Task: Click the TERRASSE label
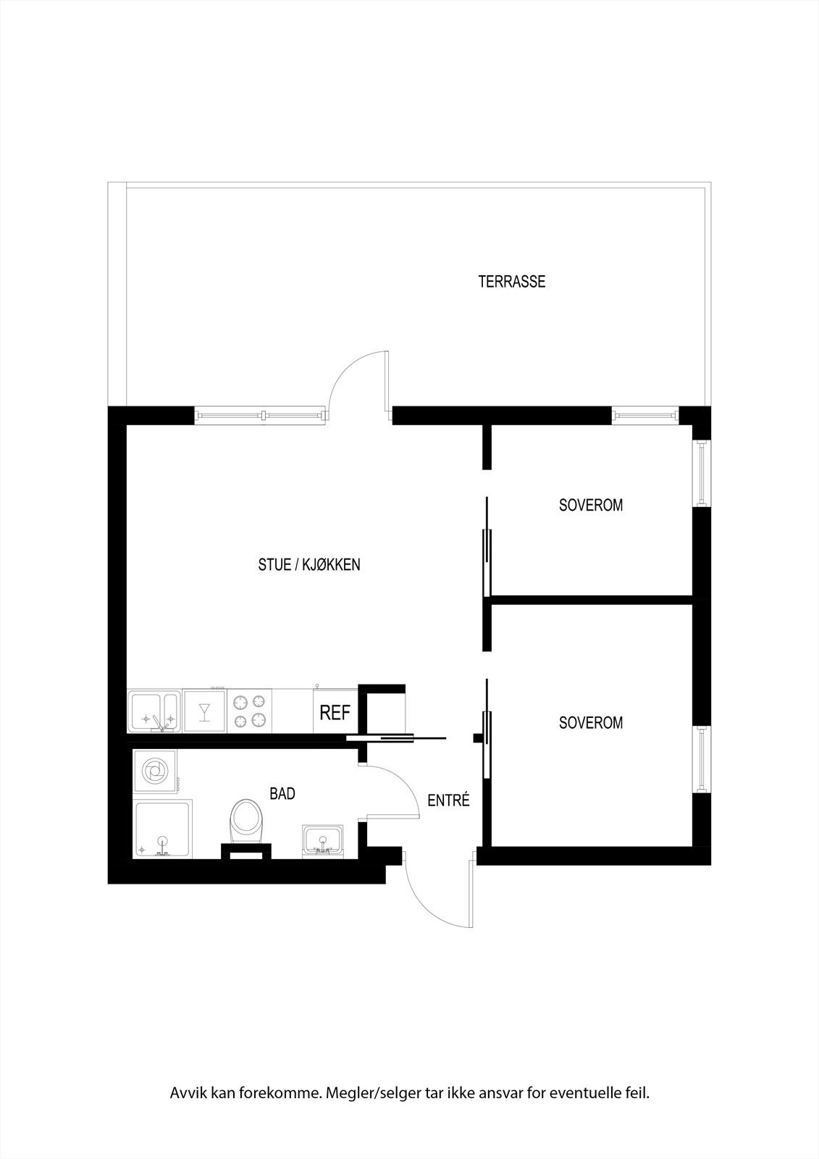click(x=511, y=281)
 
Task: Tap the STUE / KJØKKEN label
click(x=309, y=564)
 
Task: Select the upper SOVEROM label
click(x=590, y=505)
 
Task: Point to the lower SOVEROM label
click(x=590, y=722)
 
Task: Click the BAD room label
click(x=282, y=794)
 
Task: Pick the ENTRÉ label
click(x=448, y=800)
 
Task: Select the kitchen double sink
click(x=154, y=712)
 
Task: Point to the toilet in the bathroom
click(x=245, y=821)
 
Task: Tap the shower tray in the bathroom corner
click(x=162, y=829)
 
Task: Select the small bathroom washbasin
click(x=323, y=840)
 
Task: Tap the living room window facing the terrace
click(x=261, y=415)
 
